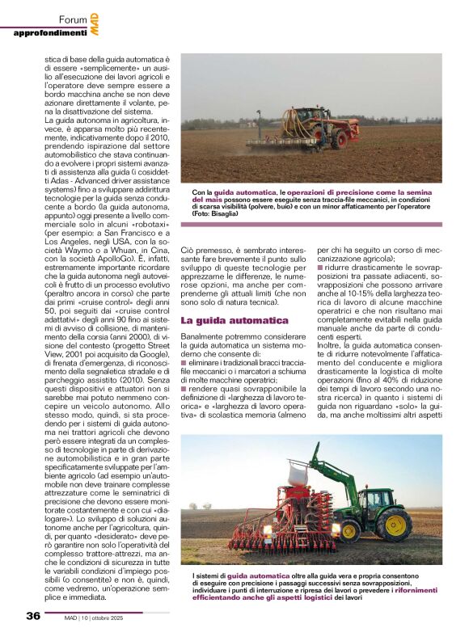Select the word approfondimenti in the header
coord(49,33)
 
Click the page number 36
coord(32,615)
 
